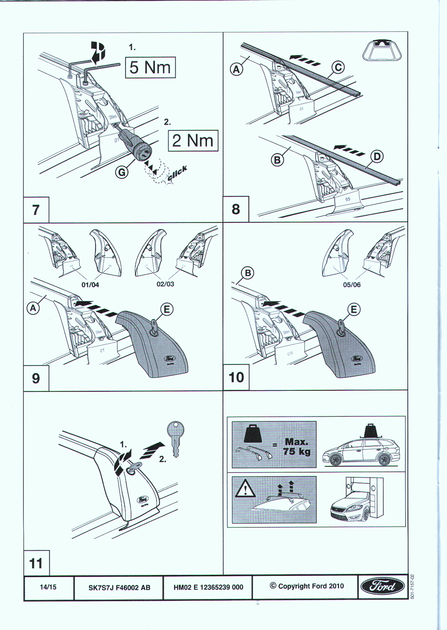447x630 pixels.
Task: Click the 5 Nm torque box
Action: [x=150, y=67]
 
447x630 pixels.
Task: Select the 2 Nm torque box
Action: [x=193, y=140]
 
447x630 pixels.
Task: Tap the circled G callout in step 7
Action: [x=122, y=173]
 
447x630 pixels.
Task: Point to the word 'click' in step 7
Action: [x=177, y=173]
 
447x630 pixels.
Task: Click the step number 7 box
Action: [x=36, y=210]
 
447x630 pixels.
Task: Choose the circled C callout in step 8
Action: [x=338, y=67]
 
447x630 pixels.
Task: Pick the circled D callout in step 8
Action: [x=377, y=156]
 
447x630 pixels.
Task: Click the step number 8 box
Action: [x=236, y=209]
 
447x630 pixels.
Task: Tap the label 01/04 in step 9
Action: [x=90, y=285]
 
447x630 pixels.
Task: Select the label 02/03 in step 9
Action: [x=165, y=284]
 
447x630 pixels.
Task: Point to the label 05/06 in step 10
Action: [x=352, y=285]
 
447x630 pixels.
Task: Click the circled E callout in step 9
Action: [x=167, y=309]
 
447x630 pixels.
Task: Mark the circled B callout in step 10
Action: [x=248, y=273]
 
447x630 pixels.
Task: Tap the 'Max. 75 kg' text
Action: [x=296, y=447]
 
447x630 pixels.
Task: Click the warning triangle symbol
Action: [x=245, y=489]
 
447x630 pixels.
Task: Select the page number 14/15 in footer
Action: [x=48, y=587]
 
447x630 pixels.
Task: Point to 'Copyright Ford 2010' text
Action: [x=307, y=586]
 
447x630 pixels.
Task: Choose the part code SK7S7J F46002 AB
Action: [x=119, y=587]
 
